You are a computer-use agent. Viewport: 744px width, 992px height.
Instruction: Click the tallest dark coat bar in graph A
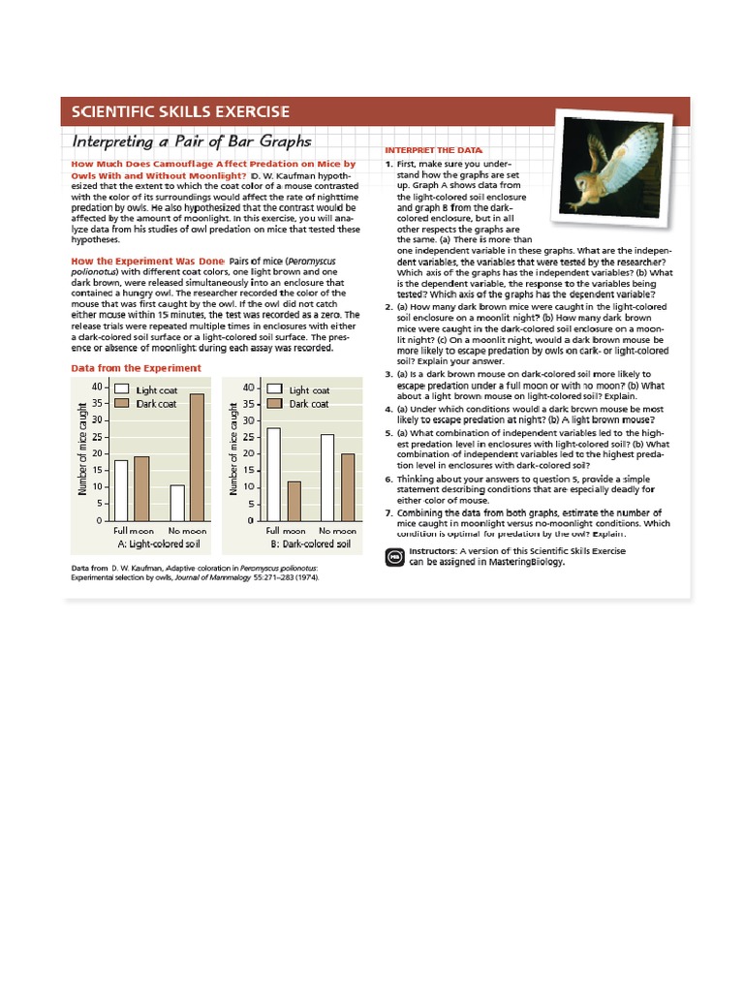pyautogui.click(x=197, y=457)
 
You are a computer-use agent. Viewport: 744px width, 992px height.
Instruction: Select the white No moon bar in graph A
pyautogui.click(x=177, y=503)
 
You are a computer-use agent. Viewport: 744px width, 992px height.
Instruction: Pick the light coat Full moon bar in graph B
pyautogui.click(x=273, y=475)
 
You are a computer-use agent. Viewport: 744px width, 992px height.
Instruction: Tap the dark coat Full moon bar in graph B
pyautogui.click(x=294, y=501)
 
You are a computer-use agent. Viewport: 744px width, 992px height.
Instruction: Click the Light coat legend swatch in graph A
pyautogui.click(x=122, y=389)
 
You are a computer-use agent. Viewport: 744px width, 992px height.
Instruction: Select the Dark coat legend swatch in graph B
pyautogui.click(x=274, y=404)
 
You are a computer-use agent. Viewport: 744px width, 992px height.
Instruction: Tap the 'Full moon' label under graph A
pyautogui.click(x=134, y=531)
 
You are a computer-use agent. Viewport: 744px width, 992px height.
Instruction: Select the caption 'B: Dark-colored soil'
pyautogui.click(x=309, y=544)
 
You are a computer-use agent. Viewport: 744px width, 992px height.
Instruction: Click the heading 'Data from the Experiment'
pyautogui.click(x=137, y=368)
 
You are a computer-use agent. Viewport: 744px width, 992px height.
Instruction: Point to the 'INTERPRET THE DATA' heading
pyautogui.click(x=432, y=151)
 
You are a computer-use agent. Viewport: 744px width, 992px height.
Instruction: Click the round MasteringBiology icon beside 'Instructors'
pyautogui.click(x=394, y=557)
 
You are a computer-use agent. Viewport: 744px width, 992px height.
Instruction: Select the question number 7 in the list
pyautogui.click(x=388, y=512)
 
